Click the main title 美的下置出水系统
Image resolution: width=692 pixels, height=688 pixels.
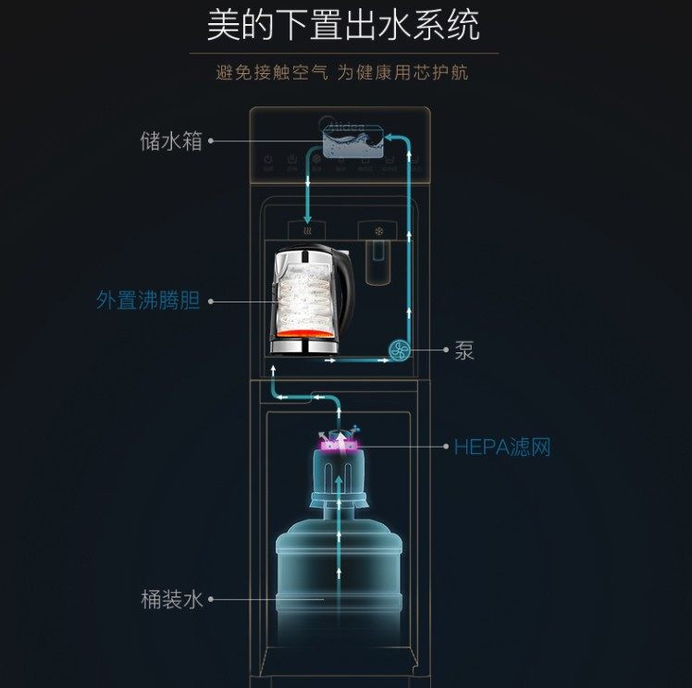[x=343, y=26]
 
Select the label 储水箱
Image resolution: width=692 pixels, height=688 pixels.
[x=171, y=141]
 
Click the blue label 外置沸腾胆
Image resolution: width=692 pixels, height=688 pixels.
[x=148, y=301]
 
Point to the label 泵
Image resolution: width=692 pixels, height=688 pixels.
[x=464, y=350]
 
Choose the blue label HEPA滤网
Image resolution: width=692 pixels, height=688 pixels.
[x=502, y=448]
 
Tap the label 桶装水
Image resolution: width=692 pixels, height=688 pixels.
[x=171, y=599]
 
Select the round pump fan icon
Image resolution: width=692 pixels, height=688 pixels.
[x=400, y=350]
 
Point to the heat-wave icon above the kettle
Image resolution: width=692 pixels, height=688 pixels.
[x=307, y=228]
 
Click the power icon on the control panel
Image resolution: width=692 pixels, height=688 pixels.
[x=268, y=160]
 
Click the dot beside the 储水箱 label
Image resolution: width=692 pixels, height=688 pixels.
[x=211, y=141]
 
